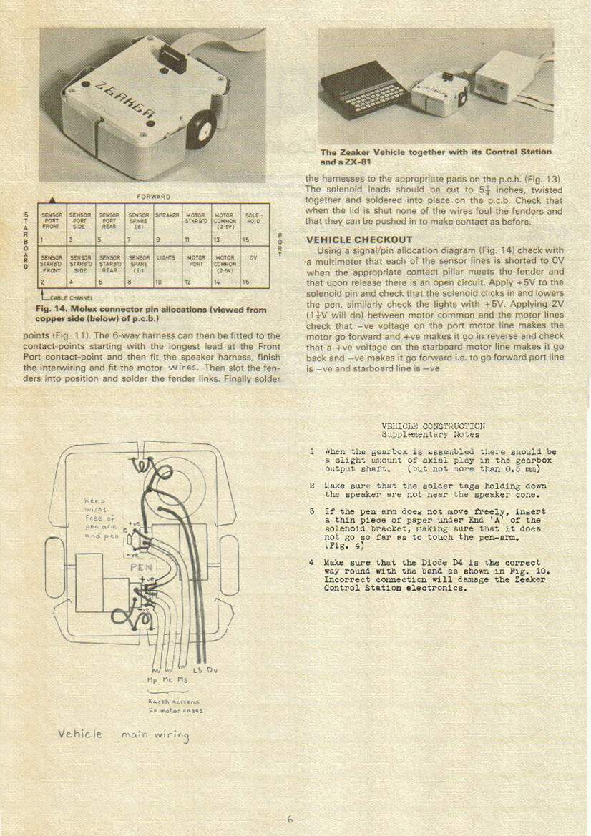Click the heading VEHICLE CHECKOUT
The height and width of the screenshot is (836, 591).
pyautogui.click(x=358, y=240)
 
